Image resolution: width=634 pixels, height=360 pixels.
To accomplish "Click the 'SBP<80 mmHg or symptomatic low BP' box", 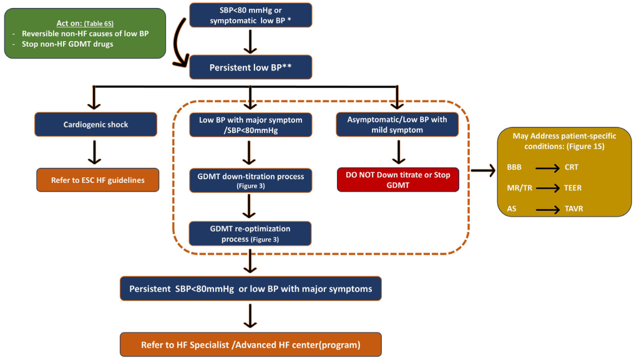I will (x=250, y=14).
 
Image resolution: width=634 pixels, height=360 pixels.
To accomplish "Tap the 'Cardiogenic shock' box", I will (x=96, y=124).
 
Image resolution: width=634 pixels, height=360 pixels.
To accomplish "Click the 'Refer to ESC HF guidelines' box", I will (x=97, y=180).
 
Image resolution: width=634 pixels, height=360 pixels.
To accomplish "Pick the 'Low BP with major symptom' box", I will (x=250, y=124).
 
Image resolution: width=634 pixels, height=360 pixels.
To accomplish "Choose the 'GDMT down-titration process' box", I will (x=250, y=180).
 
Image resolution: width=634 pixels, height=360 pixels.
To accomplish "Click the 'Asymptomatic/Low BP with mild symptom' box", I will (x=397, y=124).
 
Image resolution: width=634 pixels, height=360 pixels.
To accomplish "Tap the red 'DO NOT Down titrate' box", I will (x=397, y=179).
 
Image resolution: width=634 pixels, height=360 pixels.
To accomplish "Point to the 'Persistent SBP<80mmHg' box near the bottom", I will (x=250, y=289).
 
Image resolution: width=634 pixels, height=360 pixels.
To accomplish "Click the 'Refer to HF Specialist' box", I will (x=250, y=344).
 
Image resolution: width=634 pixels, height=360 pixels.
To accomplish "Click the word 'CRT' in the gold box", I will (x=572, y=167).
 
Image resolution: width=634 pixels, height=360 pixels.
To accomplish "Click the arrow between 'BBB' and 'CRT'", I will (x=546, y=167).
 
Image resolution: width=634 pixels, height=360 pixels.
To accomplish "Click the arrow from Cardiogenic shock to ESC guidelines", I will (x=96, y=152).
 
